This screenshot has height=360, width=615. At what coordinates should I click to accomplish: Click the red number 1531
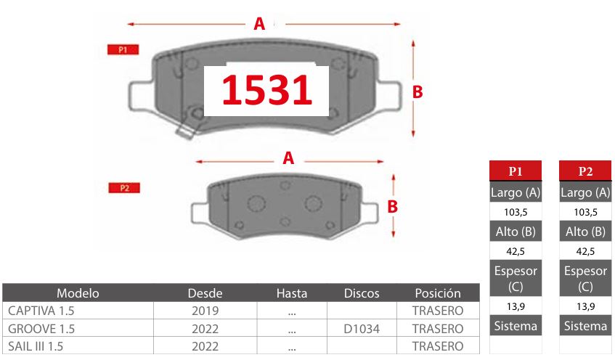[266, 90]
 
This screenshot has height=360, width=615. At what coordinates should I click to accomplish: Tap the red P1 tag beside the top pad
[123, 50]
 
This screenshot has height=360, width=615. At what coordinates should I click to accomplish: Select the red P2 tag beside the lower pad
[124, 188]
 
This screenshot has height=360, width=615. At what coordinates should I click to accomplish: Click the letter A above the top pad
[259, 24]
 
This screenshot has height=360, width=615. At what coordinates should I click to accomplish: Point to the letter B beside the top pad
[418, 92]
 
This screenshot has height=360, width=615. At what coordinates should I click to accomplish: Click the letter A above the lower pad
[288, 158]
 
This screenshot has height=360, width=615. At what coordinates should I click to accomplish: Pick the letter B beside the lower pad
[393, 207]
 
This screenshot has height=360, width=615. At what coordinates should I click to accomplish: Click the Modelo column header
[78, 293]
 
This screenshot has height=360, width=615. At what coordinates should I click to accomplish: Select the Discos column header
[362, 293]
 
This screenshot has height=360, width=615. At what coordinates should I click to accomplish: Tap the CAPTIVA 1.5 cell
[41, 311]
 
